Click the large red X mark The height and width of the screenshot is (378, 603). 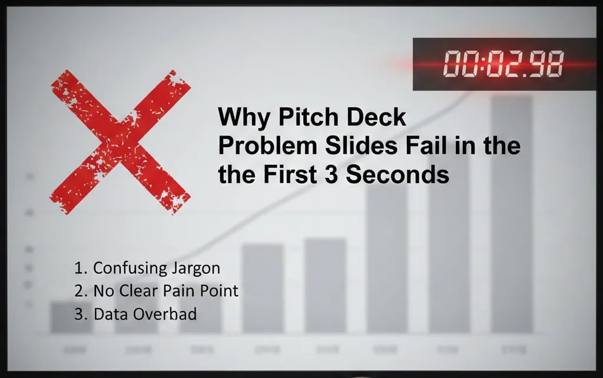[121, 141]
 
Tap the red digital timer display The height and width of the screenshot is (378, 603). [503, 64]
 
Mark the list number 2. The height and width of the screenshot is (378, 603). [79, 291]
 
